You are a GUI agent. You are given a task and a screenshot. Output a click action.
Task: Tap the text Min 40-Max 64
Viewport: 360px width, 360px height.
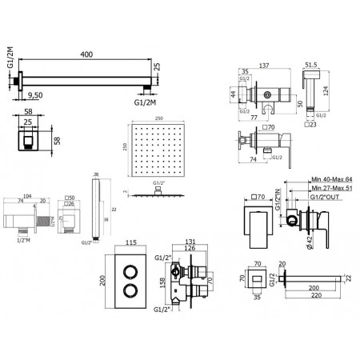pos(328,182)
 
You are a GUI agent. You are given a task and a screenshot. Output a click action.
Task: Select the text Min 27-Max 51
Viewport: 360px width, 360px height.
pos(328,191)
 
